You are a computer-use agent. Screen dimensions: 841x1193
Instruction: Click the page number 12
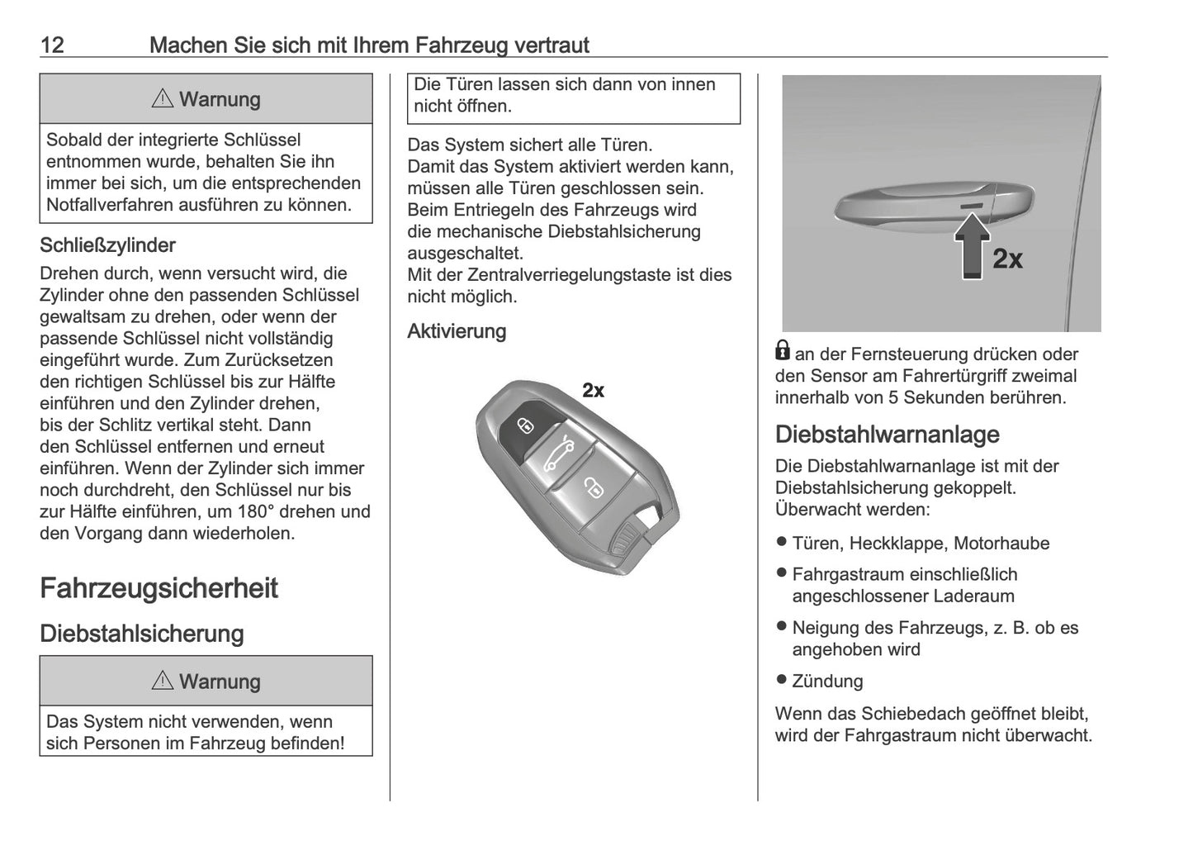(x=52, y=45)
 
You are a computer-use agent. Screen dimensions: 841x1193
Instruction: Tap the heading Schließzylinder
(x=107, y=245)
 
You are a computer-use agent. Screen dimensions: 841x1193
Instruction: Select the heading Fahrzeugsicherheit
(x=159, y=588)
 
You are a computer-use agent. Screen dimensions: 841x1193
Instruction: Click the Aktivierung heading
(x=457, y=331)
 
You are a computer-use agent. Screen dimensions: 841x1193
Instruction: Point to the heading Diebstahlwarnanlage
(x=887, y=435)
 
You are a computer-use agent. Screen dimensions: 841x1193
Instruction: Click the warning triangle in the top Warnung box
(x=163, y=99)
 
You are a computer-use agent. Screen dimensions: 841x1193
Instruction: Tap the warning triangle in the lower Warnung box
(x=163, y=682)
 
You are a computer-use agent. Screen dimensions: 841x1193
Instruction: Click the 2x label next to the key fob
(x=593, y=391)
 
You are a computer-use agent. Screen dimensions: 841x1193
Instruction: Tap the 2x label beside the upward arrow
(x=1006, y=259)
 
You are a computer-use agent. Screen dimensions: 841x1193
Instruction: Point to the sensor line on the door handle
(x=972, y=203)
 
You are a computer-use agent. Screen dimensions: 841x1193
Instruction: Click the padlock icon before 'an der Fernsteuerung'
(x=783, y=351)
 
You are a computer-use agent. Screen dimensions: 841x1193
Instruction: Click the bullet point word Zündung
(x=827, y=682)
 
